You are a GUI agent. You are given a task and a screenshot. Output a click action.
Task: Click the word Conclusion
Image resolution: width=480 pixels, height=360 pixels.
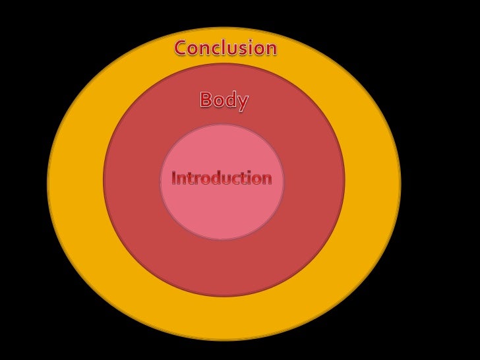point(225,48)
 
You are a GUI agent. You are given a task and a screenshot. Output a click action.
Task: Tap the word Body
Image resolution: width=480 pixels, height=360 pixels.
point(224,100)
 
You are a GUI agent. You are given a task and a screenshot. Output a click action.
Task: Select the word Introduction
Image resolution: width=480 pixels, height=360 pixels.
point(222,178)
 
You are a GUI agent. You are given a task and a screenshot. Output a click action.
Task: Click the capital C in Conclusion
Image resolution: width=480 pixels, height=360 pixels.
point(181,48)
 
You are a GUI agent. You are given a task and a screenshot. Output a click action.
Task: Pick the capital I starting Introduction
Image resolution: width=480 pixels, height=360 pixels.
point(174,178)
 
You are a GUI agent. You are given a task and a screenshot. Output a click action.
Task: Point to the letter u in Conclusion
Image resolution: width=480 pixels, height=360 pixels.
point(235,49)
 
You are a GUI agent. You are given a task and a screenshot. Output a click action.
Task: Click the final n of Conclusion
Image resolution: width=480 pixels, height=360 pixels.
point(270,49)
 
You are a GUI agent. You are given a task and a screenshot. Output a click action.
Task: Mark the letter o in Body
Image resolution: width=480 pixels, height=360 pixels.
point(220,102)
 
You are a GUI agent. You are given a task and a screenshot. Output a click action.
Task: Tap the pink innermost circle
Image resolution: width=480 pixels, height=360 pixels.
point(222,211)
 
